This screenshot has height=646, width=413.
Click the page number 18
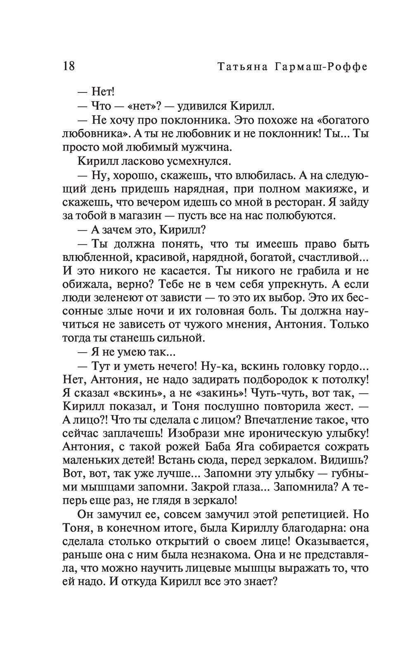click(69, 66)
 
